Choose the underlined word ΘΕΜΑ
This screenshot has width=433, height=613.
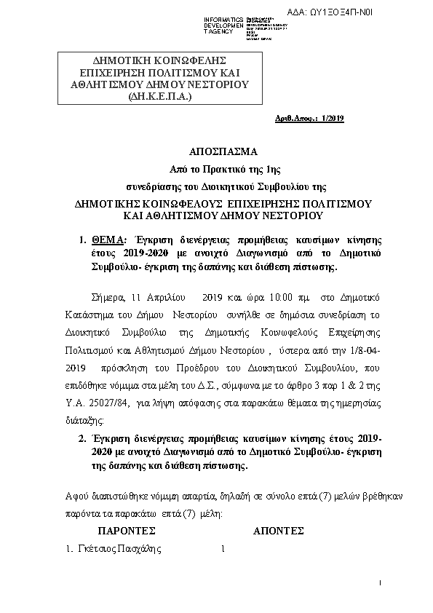point(110,240)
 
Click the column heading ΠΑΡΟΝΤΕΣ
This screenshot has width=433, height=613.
point(127,531)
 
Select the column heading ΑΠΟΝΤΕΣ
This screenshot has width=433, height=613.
point(278,531)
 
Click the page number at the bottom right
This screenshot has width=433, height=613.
point(380,584)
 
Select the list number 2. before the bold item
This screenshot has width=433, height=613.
point(82,440)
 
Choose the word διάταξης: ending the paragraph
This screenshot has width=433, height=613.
point(79,420)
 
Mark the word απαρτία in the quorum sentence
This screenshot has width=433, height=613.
point(180,497)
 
